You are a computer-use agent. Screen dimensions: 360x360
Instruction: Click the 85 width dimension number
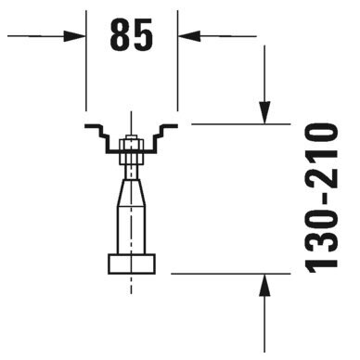coord(132,34)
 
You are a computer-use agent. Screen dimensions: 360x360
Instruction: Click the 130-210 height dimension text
coord(321,199)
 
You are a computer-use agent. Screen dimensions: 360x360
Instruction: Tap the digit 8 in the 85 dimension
coord(120,34)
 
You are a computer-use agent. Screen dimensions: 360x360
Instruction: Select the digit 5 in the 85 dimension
coord(143,34)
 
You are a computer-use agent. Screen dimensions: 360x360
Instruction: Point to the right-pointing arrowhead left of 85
coord(74,36)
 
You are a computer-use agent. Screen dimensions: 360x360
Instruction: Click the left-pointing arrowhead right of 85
coord(189,36)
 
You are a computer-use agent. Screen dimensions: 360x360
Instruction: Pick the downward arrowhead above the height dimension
coord(264,112)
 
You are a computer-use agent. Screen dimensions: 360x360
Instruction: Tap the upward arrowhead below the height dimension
coord(264,285)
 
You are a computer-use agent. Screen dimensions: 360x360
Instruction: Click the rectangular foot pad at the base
coord(132,264)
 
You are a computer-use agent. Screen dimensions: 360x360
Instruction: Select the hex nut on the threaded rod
coord(132,152)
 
